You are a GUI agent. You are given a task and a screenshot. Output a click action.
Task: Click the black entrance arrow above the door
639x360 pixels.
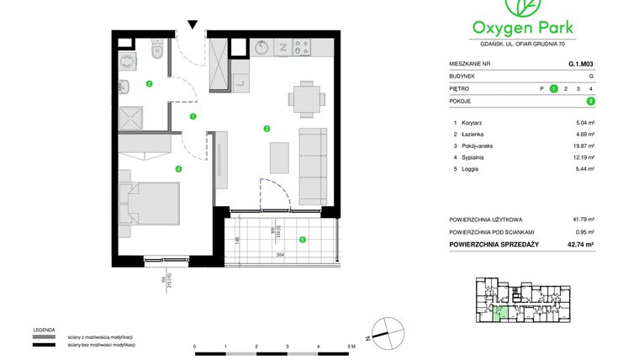[x=193, y=25]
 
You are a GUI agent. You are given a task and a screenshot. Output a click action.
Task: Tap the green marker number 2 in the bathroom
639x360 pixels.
[x=149, y=83]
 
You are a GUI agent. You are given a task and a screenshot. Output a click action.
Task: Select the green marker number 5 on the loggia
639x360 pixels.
[x=303, y=239]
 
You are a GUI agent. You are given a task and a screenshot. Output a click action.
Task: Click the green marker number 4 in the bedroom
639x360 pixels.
[x=178, y=168]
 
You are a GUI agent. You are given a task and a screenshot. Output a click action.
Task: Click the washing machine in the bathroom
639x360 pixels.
[x=129, y=60]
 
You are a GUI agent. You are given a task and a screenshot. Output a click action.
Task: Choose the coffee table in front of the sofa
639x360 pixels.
[x=280, y=158]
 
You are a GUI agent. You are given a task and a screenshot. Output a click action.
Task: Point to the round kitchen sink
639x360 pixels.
[x=261, y=48]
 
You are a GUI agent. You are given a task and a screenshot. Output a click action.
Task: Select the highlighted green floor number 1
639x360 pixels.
[x=553, y=87]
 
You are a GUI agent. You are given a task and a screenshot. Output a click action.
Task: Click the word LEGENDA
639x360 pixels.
[x=45, y=330]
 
